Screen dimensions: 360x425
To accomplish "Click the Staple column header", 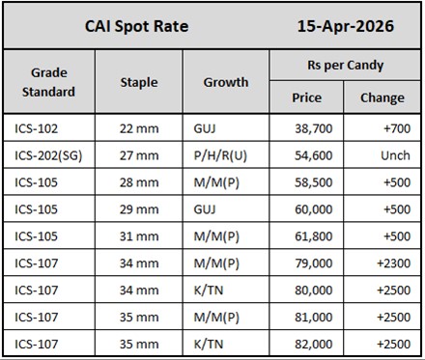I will pyautogui.click(x=139, y=82).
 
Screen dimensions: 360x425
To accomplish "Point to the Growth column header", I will pyautogui.click(x=225, y=82).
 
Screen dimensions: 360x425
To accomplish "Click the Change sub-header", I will pyautogui.click(x=382, y=97).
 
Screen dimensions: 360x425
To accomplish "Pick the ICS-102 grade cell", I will pyautogui.click(x=38, y=126).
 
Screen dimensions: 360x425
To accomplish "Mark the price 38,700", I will pyautogui.click(x=317, y=126).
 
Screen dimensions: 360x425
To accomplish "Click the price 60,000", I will pyautogui.click(x=317, y=208).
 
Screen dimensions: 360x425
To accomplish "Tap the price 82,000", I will pyautogui.click(x=317, y=342).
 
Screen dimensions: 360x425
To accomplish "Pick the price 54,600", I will pyautogui.click(x=317, y=154).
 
